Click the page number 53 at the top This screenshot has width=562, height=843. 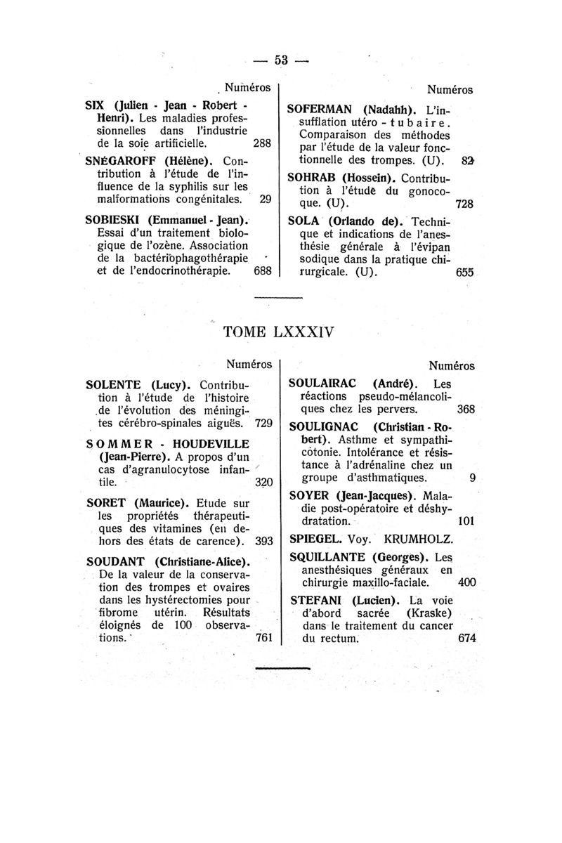[282, 60]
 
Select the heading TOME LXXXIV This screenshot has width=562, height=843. [280, 332]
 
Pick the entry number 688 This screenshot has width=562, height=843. [262, 270]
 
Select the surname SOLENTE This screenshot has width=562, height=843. [114, 385]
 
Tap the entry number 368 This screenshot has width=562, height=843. [466, 408]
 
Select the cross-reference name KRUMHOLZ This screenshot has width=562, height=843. [429, 540]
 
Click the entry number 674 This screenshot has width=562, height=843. [466, 639]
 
